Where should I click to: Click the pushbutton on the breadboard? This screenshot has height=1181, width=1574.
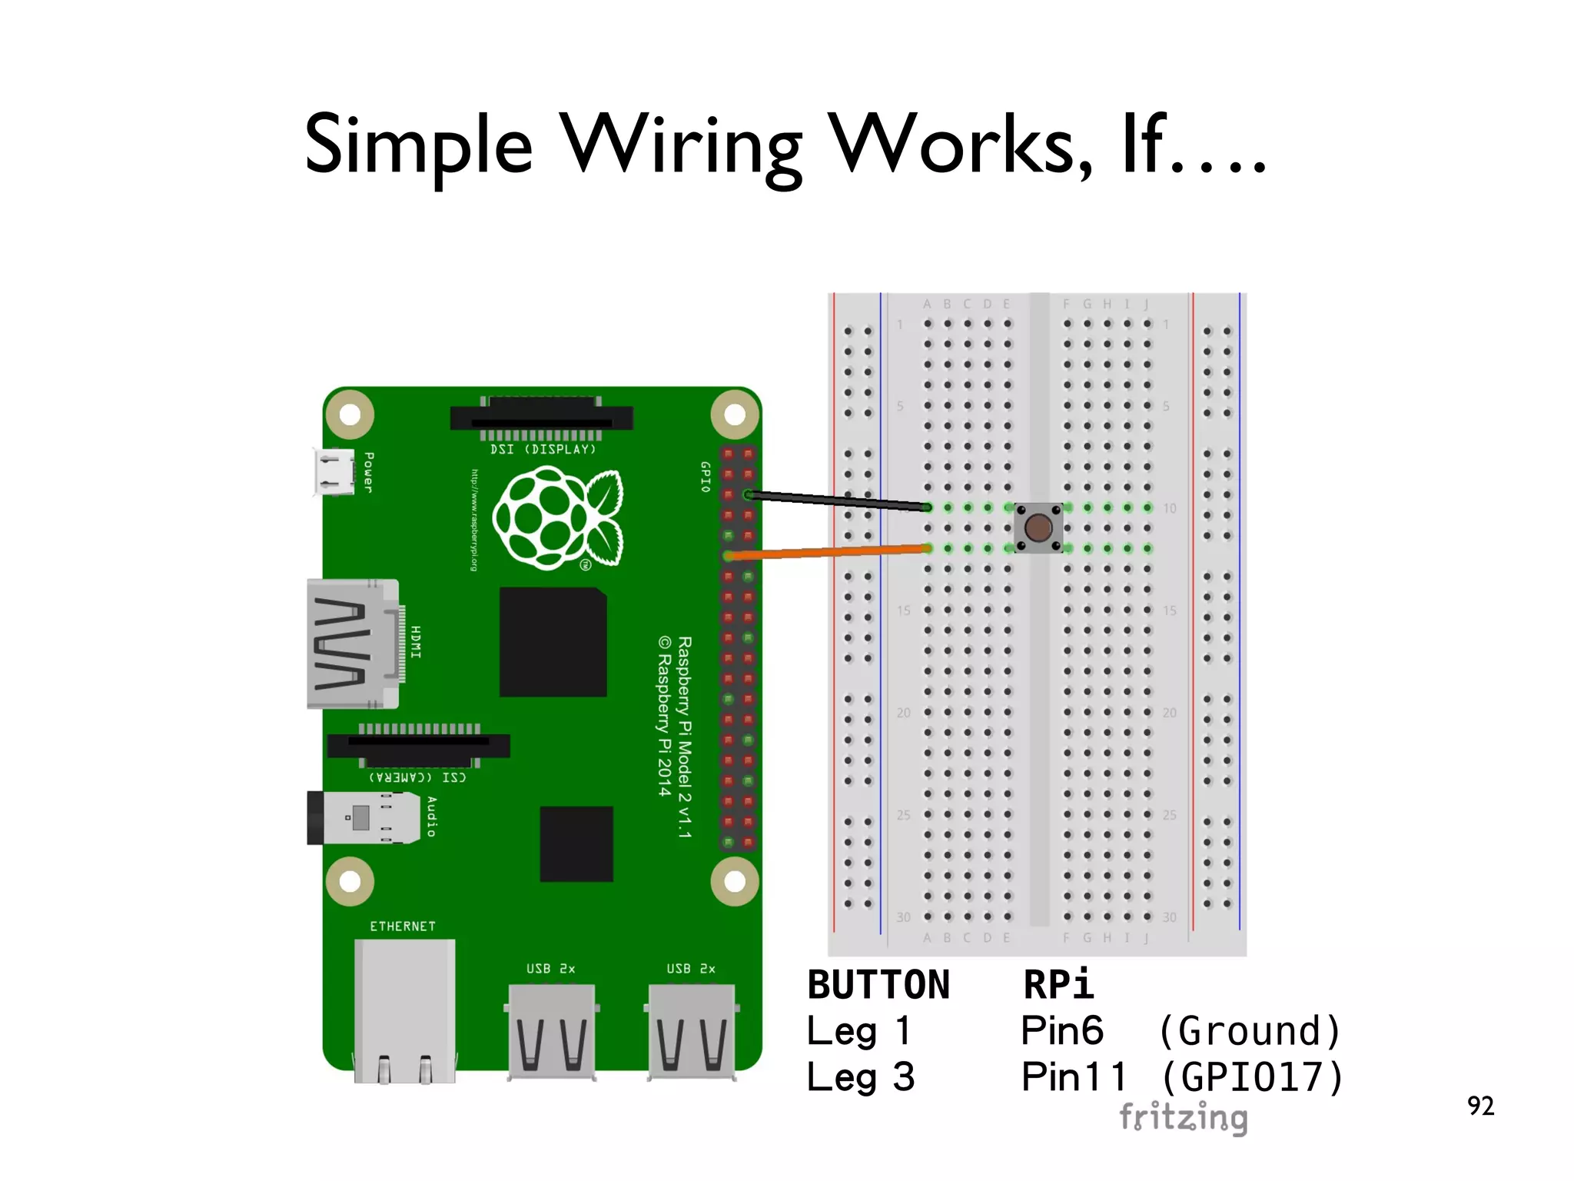pos(1038,527)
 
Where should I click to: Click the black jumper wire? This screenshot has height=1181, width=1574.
pos(838,501)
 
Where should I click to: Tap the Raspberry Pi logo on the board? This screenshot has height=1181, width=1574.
pos(556,519)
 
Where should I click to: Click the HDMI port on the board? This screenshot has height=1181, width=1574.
pos(353,644)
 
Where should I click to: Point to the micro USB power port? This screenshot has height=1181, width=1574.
pos(334,471)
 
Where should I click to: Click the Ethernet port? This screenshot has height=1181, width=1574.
pos(404,1008)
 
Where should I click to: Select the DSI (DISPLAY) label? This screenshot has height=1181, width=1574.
pos(543,449)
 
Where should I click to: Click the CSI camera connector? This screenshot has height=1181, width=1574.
pos(418,746)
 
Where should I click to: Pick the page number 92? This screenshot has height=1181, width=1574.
pos(1480,1106)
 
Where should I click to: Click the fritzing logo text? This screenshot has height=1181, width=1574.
pos(1183,1117)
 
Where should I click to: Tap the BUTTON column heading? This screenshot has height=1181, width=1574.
pos(878,985)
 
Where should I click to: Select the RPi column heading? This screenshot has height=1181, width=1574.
pos(1058,985)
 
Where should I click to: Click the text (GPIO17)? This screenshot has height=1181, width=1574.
pos(1252,1077)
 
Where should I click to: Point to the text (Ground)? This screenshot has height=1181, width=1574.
pos(1250,1031)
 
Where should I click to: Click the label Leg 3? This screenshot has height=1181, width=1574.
pos(860,1077)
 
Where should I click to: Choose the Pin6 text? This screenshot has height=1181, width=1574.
pos(1061,1031)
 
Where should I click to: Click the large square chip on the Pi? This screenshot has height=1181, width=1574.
pos(553,642)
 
